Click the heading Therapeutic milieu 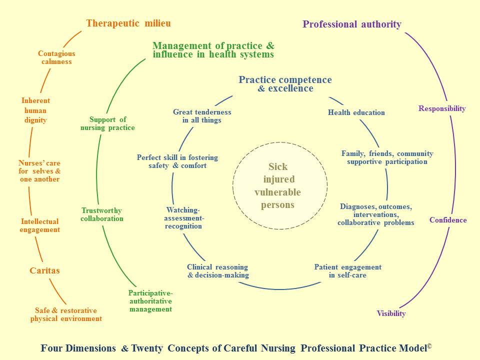[128, 23]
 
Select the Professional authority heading [351, 24]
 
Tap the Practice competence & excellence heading [285, 84]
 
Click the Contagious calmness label [56, 57]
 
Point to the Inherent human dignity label [35, 110]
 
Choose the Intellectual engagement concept [40, 225]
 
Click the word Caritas [44, 270]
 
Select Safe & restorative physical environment [66, 314]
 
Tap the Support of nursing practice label [107, 123]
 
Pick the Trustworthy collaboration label [102, 214]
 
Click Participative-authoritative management [150, 301]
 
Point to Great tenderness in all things [202, 116]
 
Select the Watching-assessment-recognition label [183, 218]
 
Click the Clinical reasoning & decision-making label [218, 271]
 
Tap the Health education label [356, 112]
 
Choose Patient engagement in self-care [348, 271]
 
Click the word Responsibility [442, 108]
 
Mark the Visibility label [391, 313]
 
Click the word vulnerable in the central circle [277, 192]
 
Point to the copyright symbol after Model [429, 346]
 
